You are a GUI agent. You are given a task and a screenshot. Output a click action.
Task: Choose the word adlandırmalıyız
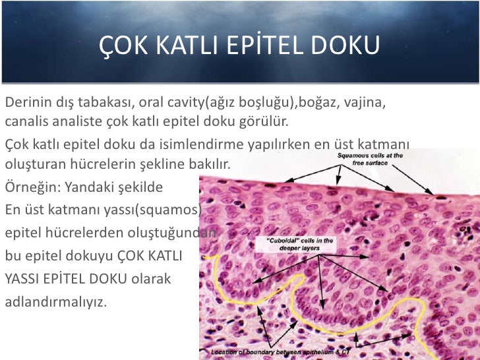tap(55, 303)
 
